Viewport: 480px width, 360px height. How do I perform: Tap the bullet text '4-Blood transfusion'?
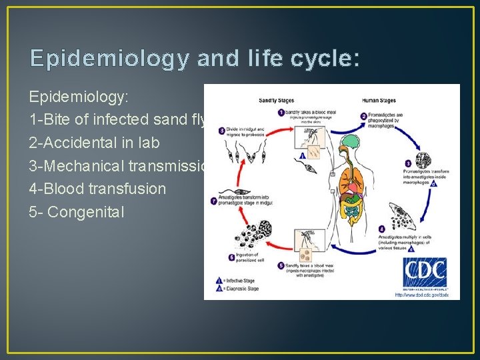(97, 189)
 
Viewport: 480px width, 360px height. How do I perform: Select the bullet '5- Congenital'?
(77, 213)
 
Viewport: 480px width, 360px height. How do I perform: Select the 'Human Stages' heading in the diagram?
(379, 101)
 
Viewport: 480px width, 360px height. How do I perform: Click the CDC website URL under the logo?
(421, 294)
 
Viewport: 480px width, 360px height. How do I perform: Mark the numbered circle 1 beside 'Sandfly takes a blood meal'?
(281, 113)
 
